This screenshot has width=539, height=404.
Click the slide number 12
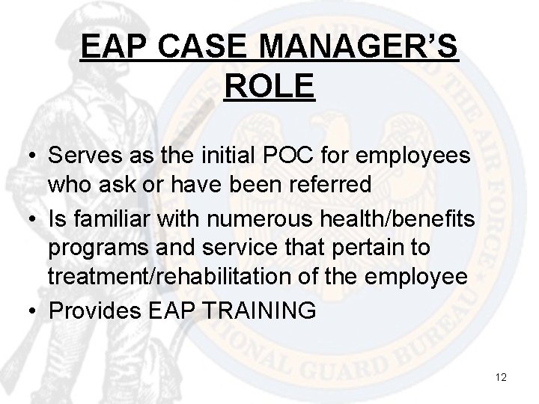[x=501, y=377]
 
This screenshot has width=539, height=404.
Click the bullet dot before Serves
[x=28, y=159]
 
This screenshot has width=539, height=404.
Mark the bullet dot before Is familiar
[x=28, y=221]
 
